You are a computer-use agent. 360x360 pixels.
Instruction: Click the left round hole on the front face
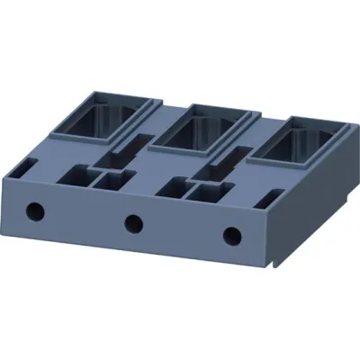pos(35,211)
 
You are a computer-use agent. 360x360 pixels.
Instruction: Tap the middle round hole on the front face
pos(133,222)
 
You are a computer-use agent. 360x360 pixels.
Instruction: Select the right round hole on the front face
pos(233,235)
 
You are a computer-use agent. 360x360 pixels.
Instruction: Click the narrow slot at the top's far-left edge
pos(26,166)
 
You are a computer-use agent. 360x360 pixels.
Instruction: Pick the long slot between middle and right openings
pos(225,160)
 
